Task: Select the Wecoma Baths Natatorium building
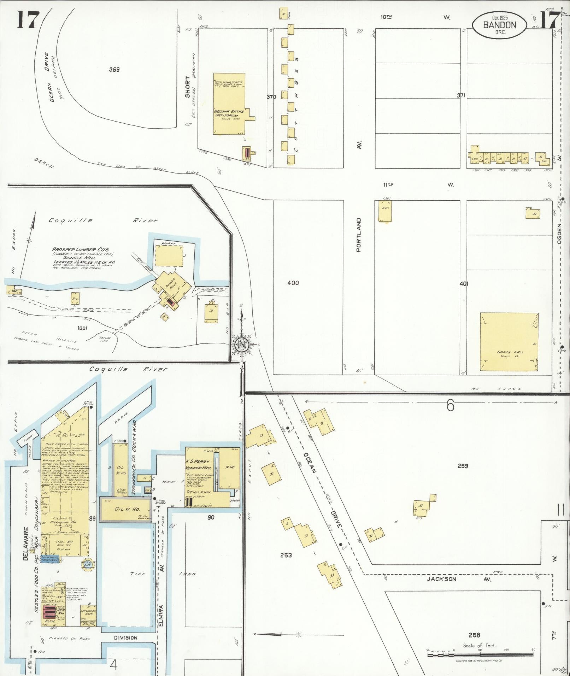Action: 230,104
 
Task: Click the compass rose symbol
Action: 242,344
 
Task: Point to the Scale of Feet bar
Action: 481,655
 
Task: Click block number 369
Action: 114,70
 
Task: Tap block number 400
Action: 293,283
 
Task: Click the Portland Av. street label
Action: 359,235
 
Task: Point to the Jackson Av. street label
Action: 441,579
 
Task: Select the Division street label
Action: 125,638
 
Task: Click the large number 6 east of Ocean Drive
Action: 450,406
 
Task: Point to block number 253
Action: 286,555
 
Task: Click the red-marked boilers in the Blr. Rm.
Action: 47,612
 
